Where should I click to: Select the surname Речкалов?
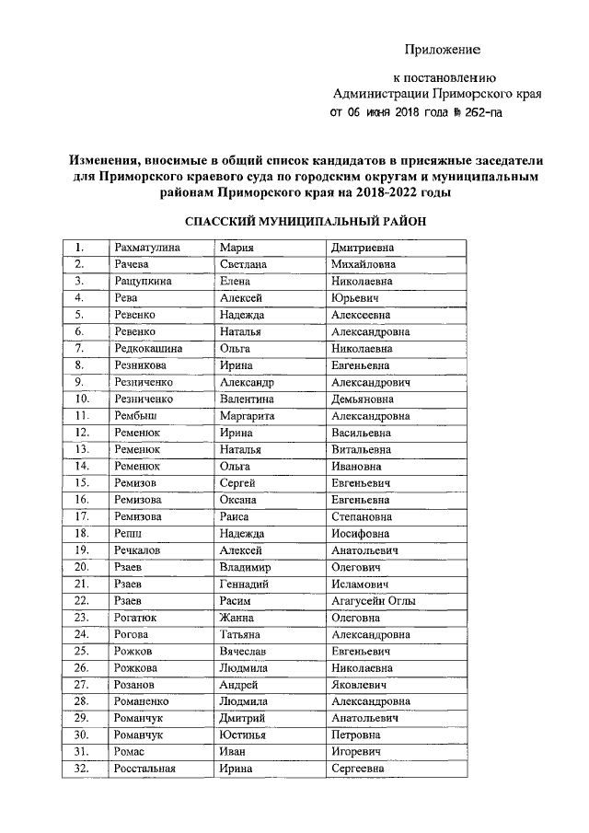(137, 550)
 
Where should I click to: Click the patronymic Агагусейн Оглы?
(373, 601)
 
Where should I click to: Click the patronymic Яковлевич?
(358, 686)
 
